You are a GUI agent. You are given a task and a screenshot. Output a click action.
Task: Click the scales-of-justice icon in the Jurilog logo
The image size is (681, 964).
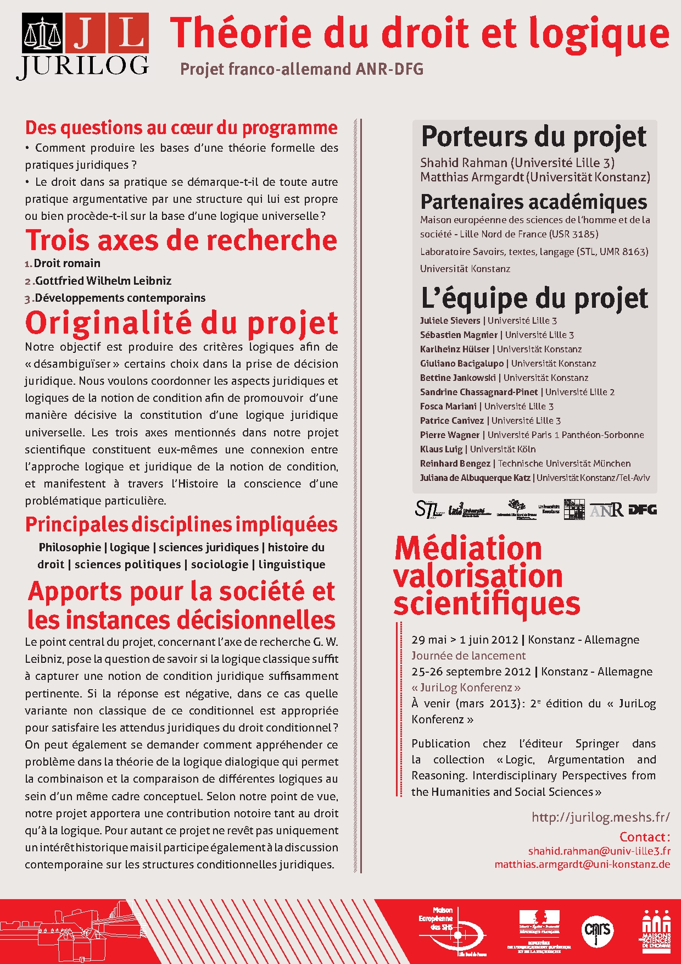coord(42,34)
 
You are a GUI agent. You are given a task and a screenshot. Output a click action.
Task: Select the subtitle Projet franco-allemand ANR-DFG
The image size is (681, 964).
coord(302,69)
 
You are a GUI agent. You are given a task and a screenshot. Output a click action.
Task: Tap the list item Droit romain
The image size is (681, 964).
coord(67,263)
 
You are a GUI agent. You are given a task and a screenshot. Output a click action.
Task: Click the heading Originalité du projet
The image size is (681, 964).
coord(181,323)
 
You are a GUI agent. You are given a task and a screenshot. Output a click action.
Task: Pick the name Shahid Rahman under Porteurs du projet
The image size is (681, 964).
coord(464,163)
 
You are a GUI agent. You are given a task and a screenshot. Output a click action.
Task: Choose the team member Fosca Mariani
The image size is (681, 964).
coord(448,406)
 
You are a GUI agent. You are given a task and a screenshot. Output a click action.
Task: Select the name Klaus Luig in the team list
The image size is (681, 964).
coord(441,449)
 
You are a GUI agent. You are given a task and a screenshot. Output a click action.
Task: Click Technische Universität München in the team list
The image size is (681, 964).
coord(564,463)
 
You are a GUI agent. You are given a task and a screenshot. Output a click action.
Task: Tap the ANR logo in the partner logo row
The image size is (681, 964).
coord(606,510)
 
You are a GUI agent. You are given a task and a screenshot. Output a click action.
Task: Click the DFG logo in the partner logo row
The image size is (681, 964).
coord(643,509)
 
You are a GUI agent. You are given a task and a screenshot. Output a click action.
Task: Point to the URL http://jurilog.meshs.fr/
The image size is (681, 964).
coord(600,817)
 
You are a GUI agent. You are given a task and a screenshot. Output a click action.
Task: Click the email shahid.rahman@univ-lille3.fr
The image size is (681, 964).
coord(599,851)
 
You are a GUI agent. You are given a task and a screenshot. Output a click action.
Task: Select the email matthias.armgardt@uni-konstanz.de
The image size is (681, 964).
coord(582,864)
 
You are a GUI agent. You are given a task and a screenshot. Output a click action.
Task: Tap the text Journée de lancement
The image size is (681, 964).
coord(468,656)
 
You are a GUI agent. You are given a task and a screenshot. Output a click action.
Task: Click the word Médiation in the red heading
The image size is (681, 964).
coord(468,549)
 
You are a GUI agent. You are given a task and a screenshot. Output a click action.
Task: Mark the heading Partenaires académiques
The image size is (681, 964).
coord(534,202)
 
